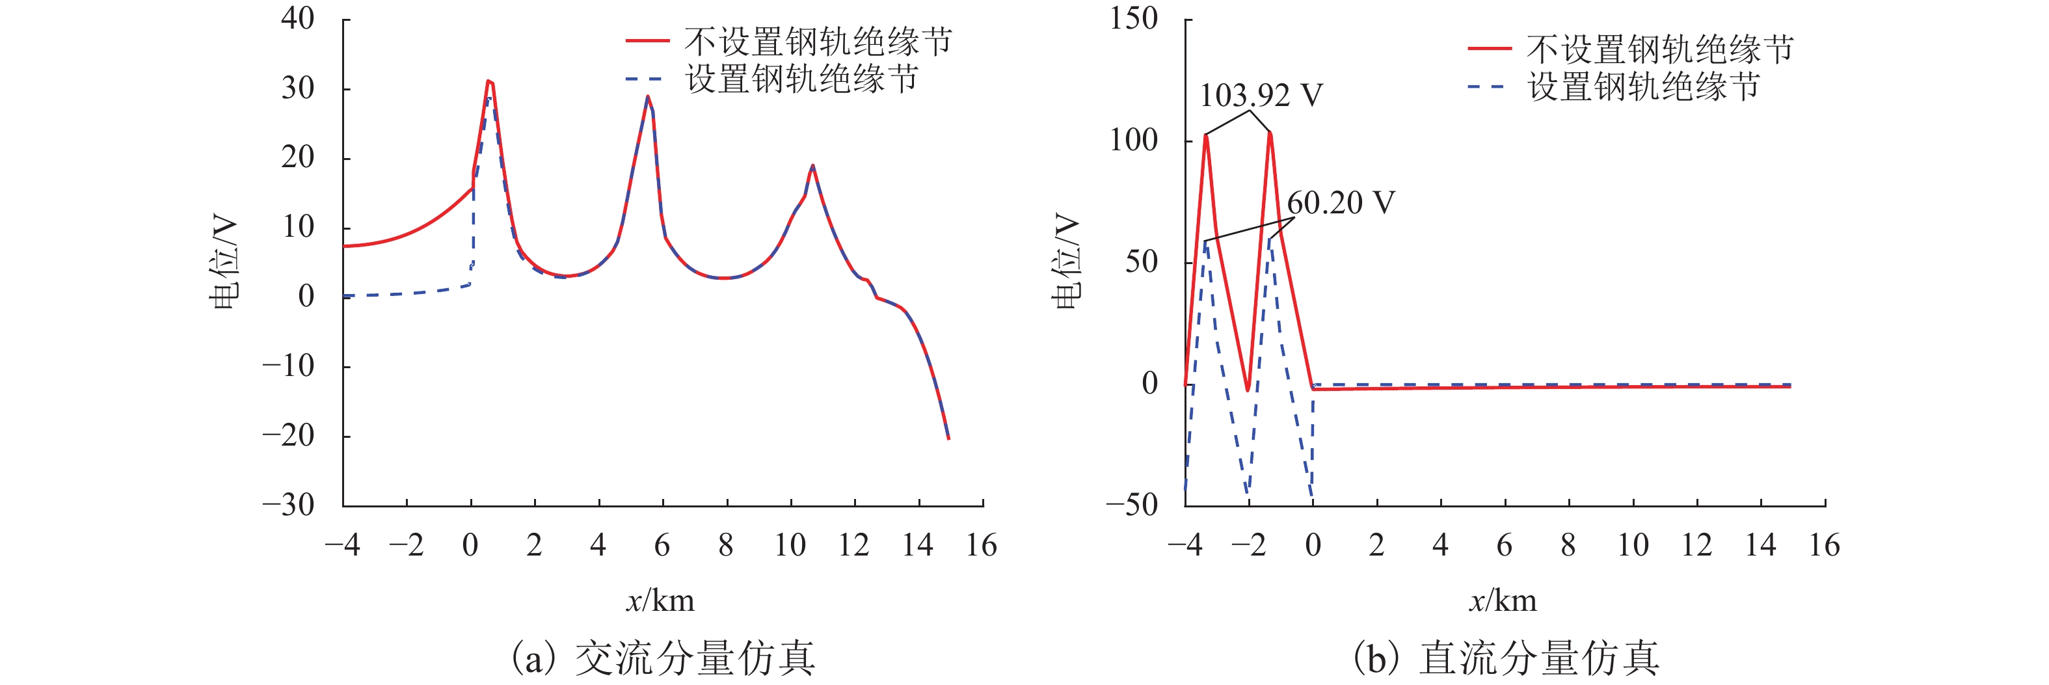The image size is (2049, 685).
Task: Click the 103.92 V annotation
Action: (1260, 96)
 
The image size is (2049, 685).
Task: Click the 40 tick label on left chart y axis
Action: (297, 18)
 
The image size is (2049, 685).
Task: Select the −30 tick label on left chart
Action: (288, 504)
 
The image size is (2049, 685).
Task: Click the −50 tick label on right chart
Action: (1131, 504)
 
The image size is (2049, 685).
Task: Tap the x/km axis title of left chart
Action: (660, 600)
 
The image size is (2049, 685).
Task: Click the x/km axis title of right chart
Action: (1502, 600)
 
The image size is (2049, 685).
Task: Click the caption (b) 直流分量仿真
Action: (1506, 659)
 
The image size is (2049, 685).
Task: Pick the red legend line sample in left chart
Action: (647, 40)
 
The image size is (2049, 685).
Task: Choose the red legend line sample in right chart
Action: (1489, 49)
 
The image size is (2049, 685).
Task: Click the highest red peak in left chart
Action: (489, 81)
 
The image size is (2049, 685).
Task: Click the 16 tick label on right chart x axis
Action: (1824, 546)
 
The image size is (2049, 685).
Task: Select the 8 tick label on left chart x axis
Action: (725, 546)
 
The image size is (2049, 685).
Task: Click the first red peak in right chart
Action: (1206, 135)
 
